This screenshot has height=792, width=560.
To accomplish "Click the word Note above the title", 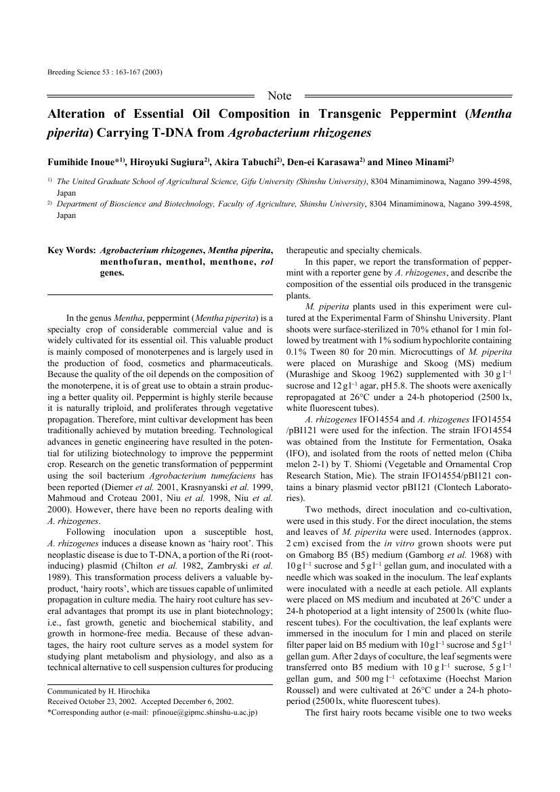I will (x=280, y=96).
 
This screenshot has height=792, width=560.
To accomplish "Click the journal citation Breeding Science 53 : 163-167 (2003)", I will (x=105, y=72).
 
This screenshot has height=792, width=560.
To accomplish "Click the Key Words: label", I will (x=70, y=250).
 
